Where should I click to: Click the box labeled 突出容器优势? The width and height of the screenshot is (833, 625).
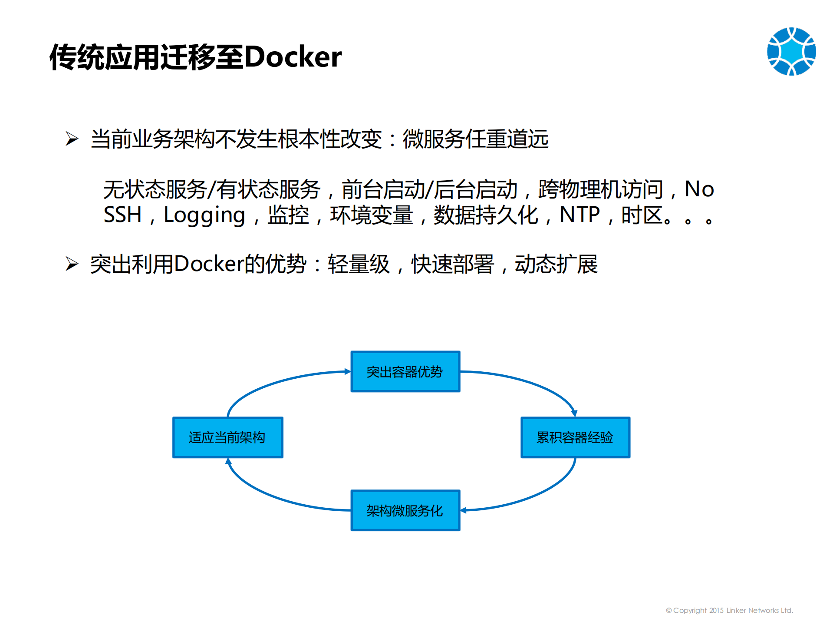[x=405, y=371]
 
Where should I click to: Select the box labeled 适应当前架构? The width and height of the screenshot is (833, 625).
[x=227, y=437]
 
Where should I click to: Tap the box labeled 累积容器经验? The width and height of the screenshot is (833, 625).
[x=575, y=437]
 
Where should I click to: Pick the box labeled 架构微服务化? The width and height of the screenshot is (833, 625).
[x=405, y=510]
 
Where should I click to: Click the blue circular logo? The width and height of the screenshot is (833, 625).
[x=791, y=51]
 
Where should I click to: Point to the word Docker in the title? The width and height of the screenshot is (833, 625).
[x=293, y=57]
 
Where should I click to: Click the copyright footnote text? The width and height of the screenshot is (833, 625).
[x=729, y=610]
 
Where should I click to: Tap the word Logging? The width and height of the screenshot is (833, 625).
[x=204, y=215]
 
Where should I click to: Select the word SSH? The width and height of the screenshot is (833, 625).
[x=122, y=215]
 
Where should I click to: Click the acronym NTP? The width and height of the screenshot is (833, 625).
[x=579, y=215]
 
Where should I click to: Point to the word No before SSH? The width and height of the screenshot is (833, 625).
[x=699, y=189]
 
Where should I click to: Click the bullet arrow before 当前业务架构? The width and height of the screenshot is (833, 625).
[x=72, y=139]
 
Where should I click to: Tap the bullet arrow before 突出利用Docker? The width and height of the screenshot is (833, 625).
[x=72, y=264]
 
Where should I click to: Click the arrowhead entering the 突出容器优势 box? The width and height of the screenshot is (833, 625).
[x=347, y=371]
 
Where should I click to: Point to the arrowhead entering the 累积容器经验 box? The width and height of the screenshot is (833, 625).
[x=574, y=413]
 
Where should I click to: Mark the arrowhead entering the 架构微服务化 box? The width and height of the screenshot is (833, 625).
[x=464, y=510]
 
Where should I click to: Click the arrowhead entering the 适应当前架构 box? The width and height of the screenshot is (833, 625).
[x=228, y=462]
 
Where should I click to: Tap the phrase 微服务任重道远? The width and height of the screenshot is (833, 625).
[x=475, y=139]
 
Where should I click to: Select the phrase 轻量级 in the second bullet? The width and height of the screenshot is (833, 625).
[x=359, y=264]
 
